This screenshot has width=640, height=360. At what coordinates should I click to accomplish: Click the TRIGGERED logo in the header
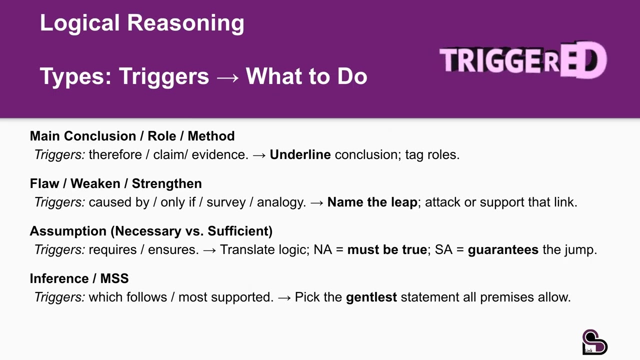[523, 60]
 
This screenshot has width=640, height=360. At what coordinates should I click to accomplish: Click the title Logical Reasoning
[142, 23]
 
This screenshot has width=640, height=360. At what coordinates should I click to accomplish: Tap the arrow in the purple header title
[227, 76]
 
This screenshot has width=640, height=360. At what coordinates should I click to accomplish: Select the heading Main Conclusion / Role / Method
[132, 136]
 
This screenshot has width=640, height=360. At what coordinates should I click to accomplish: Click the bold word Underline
[300, 154]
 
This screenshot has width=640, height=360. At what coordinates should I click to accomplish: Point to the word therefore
[115, 154]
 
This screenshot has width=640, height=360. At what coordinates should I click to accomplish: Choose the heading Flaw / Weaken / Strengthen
[115, 183]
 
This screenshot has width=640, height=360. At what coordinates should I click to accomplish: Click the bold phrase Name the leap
[372, 202]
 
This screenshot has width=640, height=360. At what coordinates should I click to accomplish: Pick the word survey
[225, 202]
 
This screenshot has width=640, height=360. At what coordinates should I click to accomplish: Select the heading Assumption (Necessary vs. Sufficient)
[151, 231]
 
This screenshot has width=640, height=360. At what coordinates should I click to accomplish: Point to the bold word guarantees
[503, 249]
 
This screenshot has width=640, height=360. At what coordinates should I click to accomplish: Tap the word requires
[112, 249]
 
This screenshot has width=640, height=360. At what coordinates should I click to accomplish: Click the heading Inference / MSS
[79, 278]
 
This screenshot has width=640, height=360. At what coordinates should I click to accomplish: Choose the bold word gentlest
[371, 297]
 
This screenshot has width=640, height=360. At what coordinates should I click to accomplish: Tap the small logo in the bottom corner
[594, 342]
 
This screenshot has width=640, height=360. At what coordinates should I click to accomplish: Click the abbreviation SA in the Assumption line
[443, 249]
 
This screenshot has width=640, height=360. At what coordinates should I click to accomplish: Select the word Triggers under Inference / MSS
[59, 297]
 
